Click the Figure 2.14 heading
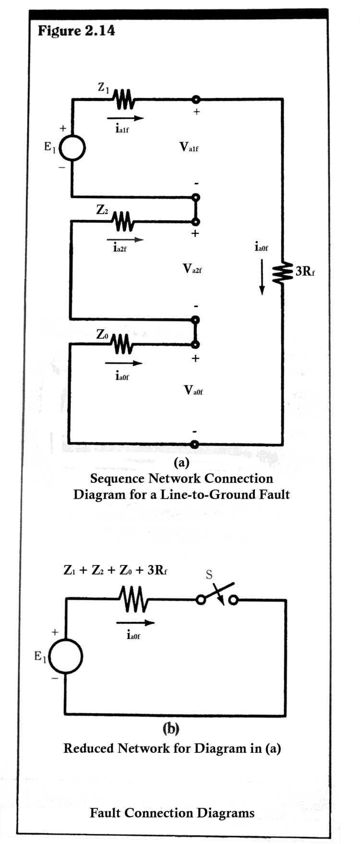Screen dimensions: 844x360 [76, 31]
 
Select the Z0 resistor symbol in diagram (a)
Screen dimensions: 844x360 [122, 344]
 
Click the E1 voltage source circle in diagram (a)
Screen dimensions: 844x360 [72, 147]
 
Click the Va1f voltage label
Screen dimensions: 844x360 [189, 147]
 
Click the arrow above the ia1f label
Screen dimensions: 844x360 [125, 118]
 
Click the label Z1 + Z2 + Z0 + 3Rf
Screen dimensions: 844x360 [115, 570]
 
